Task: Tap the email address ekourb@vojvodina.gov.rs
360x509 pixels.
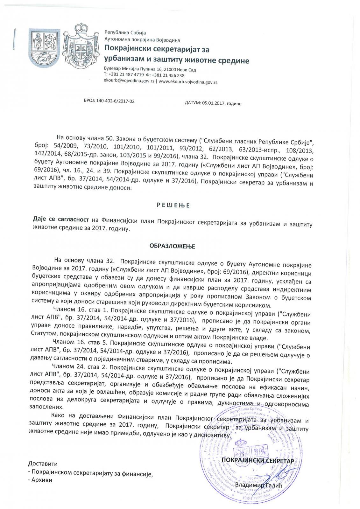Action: point(129,81)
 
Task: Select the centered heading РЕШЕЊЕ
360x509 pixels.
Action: point(173,205)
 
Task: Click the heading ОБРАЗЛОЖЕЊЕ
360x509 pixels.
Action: point(172,246)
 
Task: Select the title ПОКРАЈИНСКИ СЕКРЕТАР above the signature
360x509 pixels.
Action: point(258,460)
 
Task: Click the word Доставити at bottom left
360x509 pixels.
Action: point(43,463)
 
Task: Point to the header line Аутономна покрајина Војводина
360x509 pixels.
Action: point(142,40)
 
